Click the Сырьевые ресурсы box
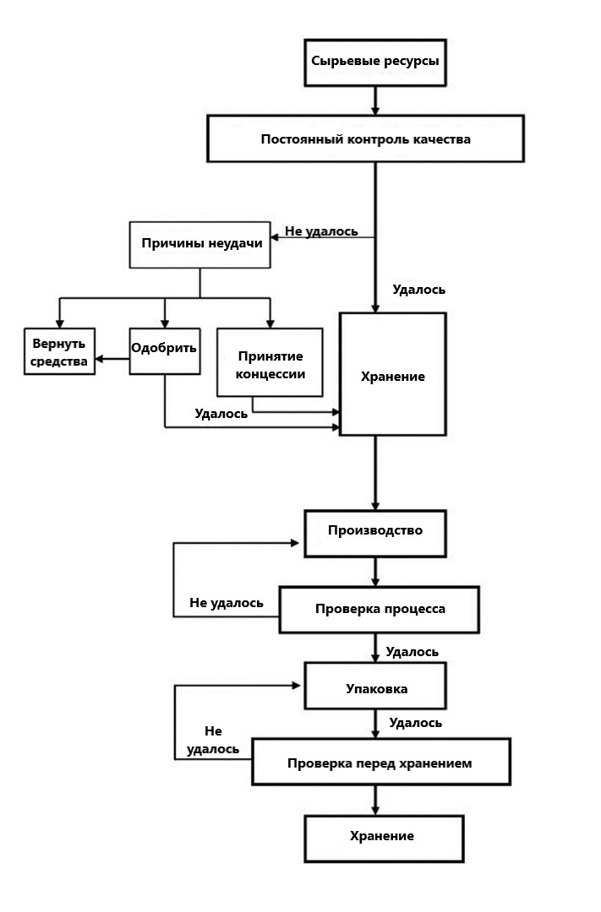[x=374, y=62]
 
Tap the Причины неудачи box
[x=199, y=245]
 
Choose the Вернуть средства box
[x=59, y=351]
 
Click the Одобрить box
[x=165, y=350]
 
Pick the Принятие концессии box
[x=270, y=362]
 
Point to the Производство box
[x=374, y=532]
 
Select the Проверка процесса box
[x=380, y=610]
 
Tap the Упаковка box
[x=375, y=689]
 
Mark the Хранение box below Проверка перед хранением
[x=382, y=837]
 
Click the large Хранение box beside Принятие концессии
[x=392, y=374]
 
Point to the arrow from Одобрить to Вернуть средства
[x=112, y=361]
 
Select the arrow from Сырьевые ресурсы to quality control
[x=374, y=100]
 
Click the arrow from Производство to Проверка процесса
[x=374, y=573]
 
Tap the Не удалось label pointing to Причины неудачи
[x=321, y=231]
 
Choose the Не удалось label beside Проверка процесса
[x=226, y=603]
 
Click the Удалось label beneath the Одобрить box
[x=221, y=414]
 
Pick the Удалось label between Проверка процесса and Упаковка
[x=412, y=652]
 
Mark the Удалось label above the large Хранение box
[x=418, y=290]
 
